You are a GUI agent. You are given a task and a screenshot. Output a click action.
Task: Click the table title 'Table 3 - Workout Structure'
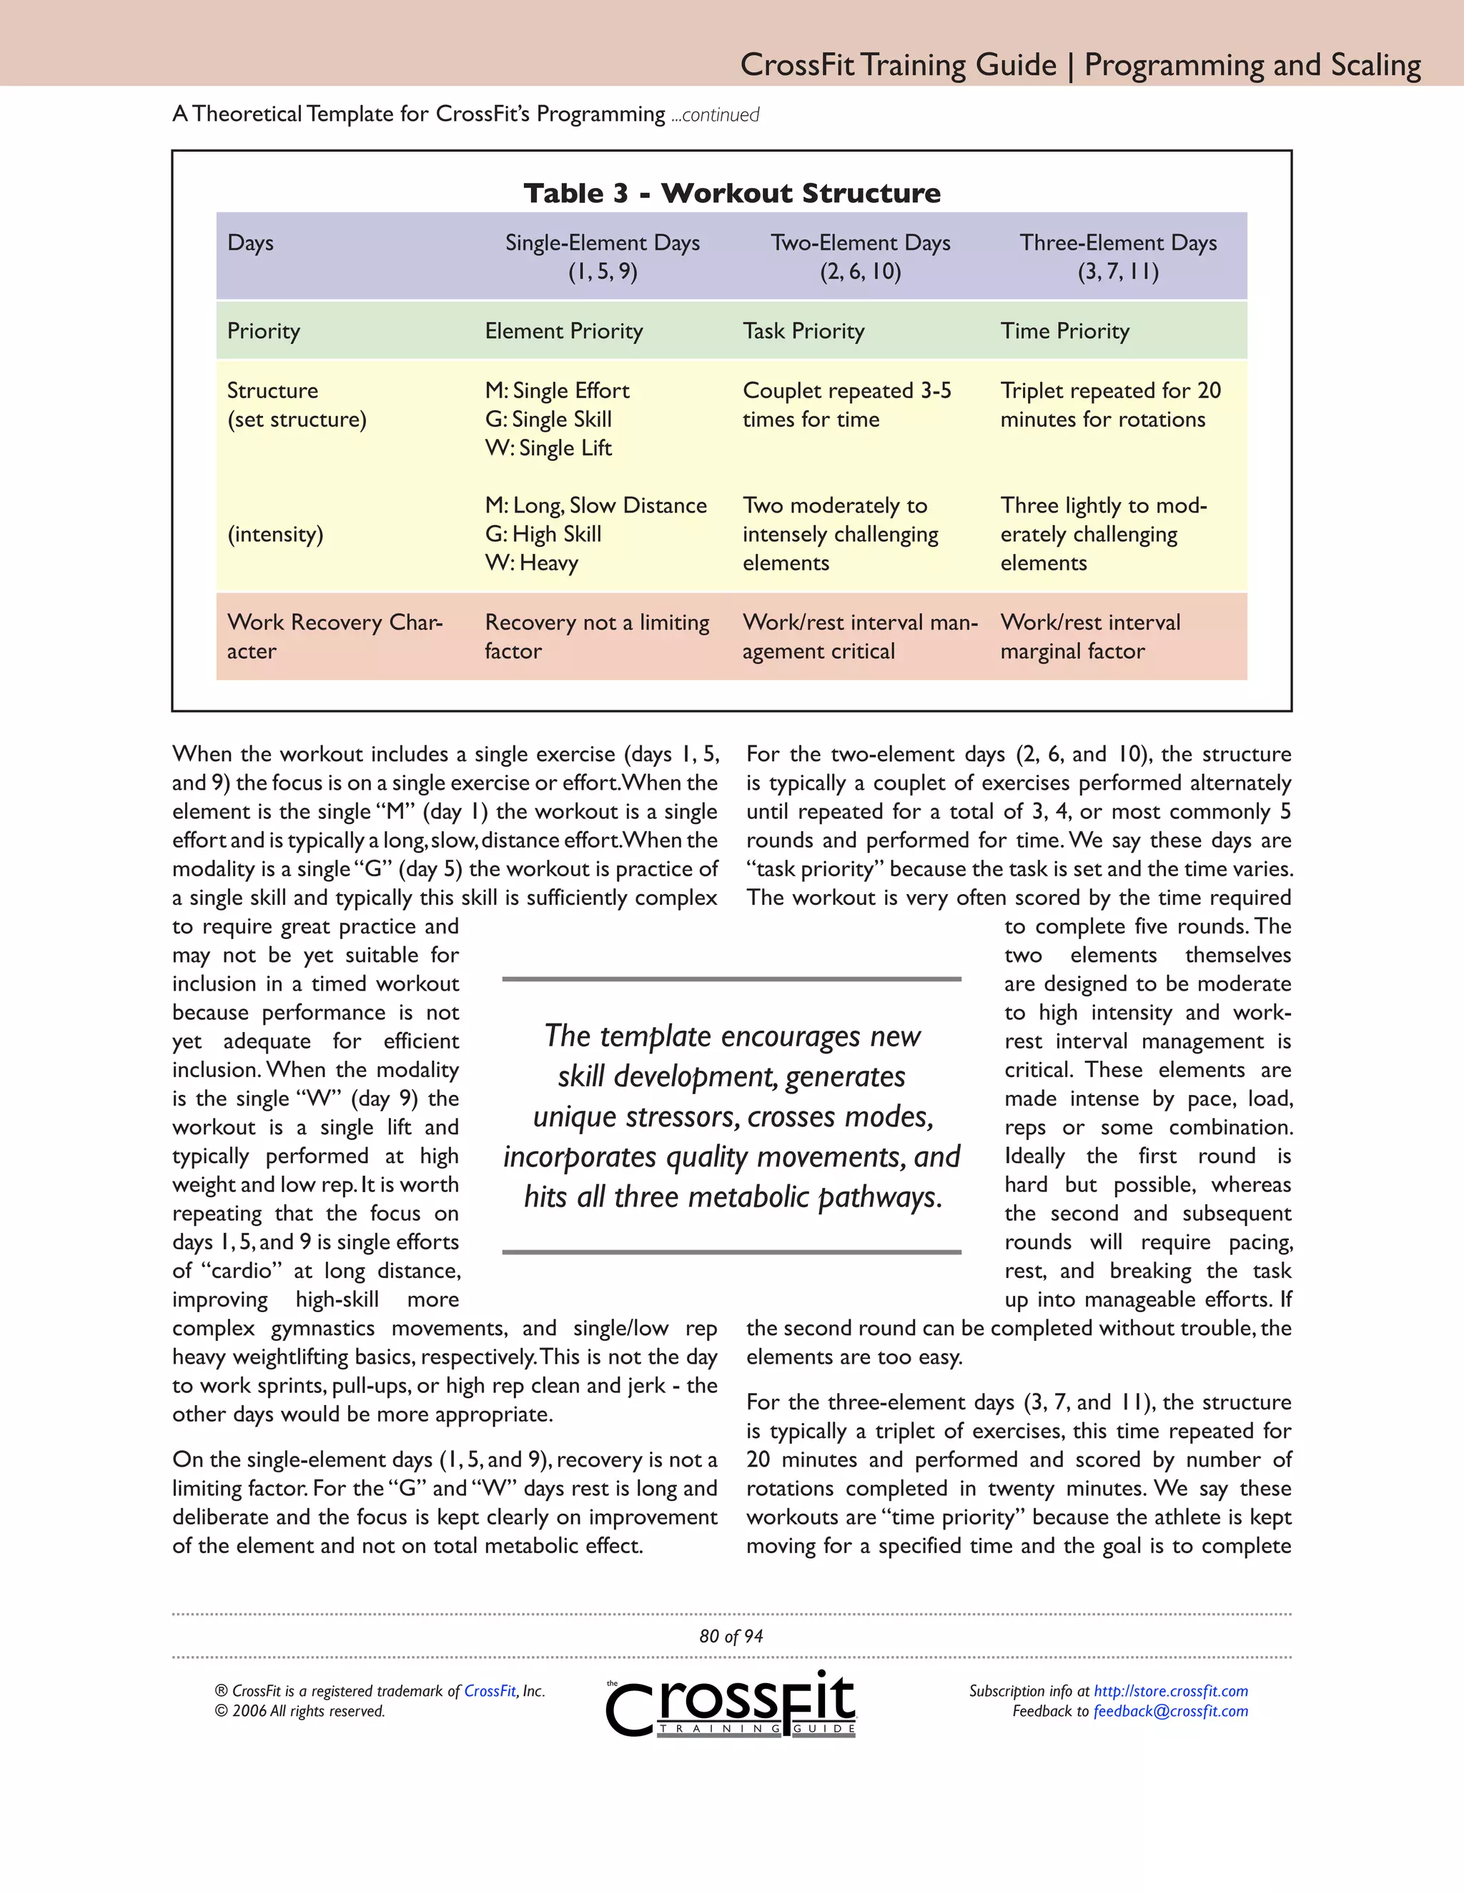[731, 192]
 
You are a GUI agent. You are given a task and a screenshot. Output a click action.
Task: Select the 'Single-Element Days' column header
[602, 257]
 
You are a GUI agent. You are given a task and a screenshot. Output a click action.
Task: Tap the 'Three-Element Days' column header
[1117, 257]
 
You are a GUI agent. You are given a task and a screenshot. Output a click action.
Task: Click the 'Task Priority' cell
[803, 332]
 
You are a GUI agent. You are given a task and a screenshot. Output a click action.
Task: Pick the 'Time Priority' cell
[1064, 332]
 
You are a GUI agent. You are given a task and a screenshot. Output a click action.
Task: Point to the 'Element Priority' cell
[564, 332]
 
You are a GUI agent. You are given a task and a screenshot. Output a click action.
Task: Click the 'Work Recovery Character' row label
[334, 637]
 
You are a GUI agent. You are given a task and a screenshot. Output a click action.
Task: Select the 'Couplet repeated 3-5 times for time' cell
[846, 405]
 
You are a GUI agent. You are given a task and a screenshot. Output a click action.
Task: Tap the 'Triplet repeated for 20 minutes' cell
[1109, 405]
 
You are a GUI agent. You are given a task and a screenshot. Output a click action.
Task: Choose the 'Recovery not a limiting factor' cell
[596, 637]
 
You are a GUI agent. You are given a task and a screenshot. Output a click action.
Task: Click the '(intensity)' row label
[275, 534]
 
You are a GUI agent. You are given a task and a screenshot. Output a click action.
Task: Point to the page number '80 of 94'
[731, 1637]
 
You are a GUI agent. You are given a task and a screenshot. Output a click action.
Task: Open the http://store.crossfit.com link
[1170, 1691]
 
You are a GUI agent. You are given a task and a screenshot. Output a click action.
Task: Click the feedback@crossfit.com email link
[1170, 1711]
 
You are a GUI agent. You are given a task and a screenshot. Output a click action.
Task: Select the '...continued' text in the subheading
[715, 115]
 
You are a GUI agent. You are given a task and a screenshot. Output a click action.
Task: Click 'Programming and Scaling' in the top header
[1252, 65]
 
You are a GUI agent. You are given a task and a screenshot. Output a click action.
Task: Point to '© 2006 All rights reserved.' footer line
[300, 1711]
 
